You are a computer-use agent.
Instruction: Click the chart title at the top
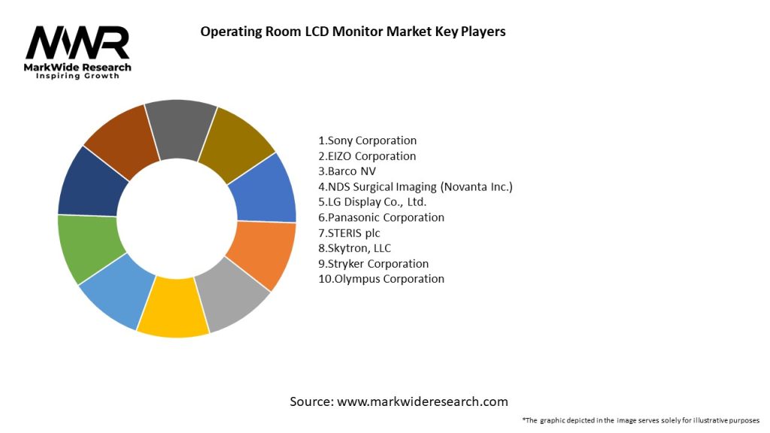coord(353,32)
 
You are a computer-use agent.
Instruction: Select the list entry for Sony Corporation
coord(368,141)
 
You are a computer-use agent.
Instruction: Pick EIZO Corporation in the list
coord(367,156)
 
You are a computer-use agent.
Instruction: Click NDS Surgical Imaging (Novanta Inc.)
coord(415,186)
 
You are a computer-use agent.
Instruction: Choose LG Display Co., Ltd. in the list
coord(372,202)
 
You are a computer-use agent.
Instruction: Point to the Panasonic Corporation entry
coord(381,217)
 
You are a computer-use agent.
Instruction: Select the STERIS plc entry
coord(349,233)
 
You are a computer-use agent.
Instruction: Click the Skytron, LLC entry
coord(354,248)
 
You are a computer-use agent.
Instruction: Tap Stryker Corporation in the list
coord(374,264)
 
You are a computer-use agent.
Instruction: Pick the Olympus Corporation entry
coord(381,279)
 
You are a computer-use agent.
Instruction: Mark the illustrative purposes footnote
coord(640,420)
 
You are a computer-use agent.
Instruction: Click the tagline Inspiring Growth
coord(77,77)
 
